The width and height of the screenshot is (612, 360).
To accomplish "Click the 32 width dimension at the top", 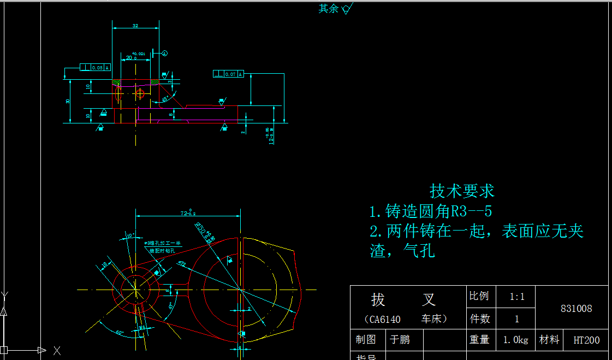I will [135, 25].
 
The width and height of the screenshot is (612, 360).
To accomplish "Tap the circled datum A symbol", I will [165, 53].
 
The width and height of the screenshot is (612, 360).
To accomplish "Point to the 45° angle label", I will [165, 99].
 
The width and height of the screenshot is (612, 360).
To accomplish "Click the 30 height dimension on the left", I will [68, 102].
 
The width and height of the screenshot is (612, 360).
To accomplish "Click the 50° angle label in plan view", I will [120, 332].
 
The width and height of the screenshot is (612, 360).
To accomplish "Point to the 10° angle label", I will [130, 235].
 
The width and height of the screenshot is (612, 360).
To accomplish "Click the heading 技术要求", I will [462, 191].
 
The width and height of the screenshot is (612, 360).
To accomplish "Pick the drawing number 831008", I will [576, 309].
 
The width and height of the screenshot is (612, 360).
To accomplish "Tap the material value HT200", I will [586, 340].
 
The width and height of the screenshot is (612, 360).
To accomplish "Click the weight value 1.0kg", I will [515, 340].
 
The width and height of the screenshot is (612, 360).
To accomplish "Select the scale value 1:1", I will [516, 297].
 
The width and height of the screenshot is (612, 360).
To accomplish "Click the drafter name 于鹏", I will [399, 340].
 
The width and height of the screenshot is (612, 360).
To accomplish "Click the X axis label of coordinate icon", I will [56, 350].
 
